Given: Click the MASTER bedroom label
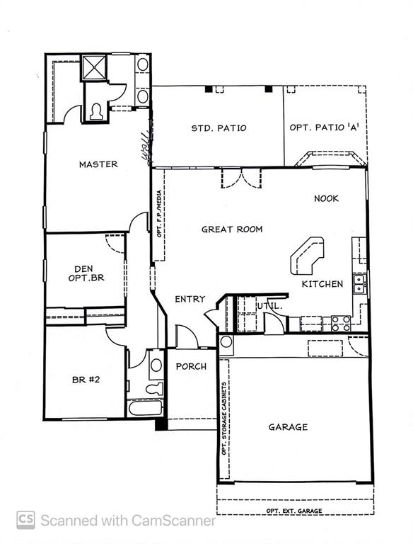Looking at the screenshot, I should tap(98, 164).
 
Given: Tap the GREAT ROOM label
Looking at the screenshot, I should tap(232, 229).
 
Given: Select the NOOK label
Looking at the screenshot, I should tap(326, 199).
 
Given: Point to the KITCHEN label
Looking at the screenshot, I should tap(322, 284).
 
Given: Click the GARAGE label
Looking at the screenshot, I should tap(288, 427).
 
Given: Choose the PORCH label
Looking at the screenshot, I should tap(191, 366).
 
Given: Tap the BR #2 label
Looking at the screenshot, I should tap(86, 380).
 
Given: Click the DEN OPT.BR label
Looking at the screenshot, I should tap(89, 273).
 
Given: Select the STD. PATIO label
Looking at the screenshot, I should tap(219, 128).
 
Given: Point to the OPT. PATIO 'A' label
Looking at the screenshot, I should tap(323, 128).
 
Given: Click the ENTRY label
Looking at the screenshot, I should tap(190, 300).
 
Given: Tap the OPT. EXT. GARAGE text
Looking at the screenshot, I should tap(293, 511).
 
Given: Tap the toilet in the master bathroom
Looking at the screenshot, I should tap(95, 111).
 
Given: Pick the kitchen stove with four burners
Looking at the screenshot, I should tap(342, 323).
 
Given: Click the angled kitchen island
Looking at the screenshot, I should tap(307, 256).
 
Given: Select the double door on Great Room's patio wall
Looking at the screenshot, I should tap(241, 178).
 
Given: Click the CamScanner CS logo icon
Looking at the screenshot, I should tap(25, 521).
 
